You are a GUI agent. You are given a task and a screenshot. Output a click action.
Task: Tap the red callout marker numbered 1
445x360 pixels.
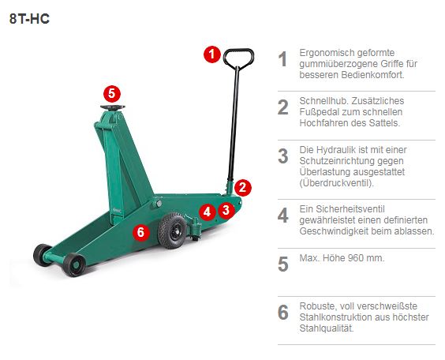pyautogui.click(x=211, y=54)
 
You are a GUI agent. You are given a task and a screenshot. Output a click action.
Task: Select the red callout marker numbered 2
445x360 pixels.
pyautogui.click(x=243, y=187)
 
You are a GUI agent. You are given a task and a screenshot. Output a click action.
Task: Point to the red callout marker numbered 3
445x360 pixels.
pyautogui.click(x=226, y=209)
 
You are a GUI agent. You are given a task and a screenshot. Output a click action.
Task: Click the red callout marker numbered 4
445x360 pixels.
pyautogui.click(x=207, y=212)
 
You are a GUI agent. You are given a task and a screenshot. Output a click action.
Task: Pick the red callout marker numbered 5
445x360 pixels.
pyautogui.click(x=112, y=92)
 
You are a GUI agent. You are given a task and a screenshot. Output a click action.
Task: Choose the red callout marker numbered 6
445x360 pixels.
pyautogui.click(x=141, y=232)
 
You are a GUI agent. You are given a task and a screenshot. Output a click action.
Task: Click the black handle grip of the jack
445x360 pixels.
pyautogui.click(x=237, y=58)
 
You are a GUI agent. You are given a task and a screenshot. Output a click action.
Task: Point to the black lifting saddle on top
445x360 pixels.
pyautogui.click(x=110, y=109)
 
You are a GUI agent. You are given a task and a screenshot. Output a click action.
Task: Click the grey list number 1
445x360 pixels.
pyautogui.click(x=282, y=60)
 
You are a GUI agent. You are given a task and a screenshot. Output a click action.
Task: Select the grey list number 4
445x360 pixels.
pyautogui.click(x=282, y=216)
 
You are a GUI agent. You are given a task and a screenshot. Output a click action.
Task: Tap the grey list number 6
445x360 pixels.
pyautogui.click(x=282, y=313)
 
